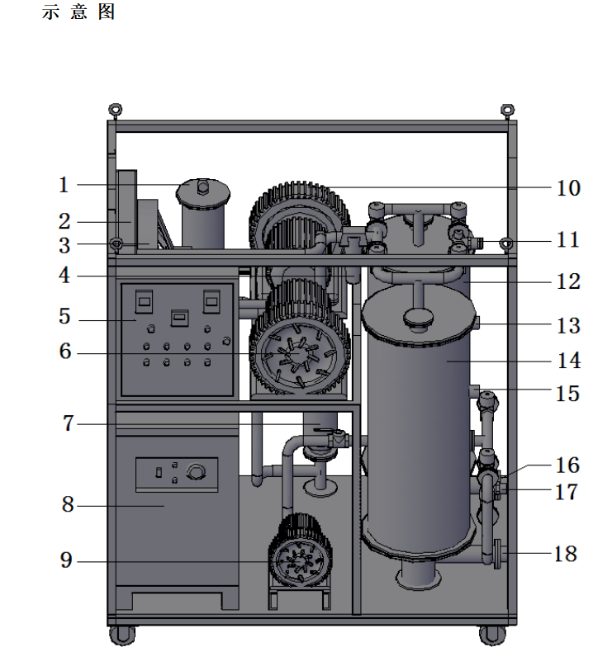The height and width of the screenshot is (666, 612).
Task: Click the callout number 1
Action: click(64, 185)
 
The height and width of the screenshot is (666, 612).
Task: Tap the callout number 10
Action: click(568, 187)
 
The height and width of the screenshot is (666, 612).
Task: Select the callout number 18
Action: click(565, 554)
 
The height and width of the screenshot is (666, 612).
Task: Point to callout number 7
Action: click(69, 423)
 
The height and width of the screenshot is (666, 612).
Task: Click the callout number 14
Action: click(568, 361)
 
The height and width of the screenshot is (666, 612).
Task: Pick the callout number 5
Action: click(64, 316)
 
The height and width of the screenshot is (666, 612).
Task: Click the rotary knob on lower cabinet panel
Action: click(196, 472)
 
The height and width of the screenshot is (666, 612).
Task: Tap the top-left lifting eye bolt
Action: click(115, 110)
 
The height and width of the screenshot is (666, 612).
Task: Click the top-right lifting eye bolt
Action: click(507, 110)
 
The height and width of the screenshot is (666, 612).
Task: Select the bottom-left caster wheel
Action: click(122, 635)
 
